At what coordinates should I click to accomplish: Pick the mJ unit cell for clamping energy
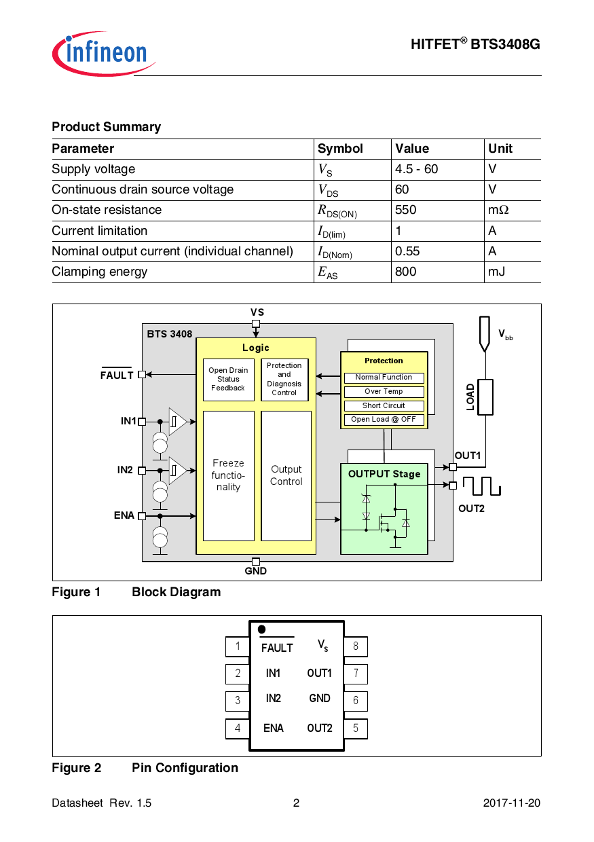point(496,272)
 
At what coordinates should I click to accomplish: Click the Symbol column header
point(340,149)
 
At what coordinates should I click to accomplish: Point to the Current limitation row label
point(99,231)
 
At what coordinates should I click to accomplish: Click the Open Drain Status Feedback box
point(228,380)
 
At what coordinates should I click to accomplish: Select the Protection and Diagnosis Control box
point(284,380)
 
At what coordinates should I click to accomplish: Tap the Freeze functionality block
point(228,475)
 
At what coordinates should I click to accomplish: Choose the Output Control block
point(286,475)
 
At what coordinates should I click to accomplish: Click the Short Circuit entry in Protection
point(384,405)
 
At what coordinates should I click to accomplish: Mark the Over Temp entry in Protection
point(384,391)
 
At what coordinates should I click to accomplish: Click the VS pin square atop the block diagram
point(256,323)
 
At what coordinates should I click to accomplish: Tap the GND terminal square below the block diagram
point(256,562)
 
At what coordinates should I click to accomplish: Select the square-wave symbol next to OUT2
point(481,486)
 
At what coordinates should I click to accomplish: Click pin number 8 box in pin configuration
point(355,646)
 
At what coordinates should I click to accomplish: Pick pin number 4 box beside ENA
point(238,729)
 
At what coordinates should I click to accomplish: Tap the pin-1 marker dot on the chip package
point(261,629)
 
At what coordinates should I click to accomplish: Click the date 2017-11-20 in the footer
point(511,803)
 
